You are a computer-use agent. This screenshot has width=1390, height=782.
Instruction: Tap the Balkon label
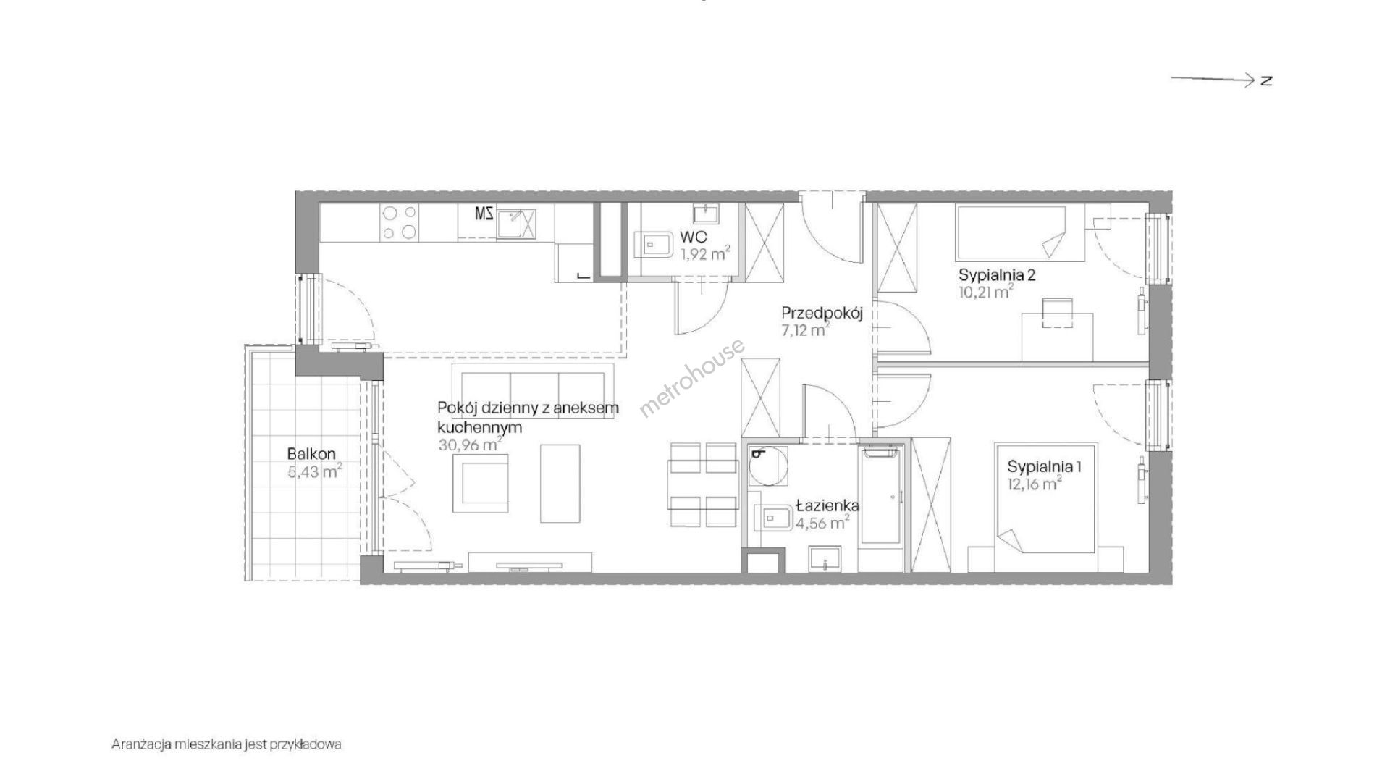point(311,455)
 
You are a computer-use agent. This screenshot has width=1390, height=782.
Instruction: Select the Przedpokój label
point(822,314)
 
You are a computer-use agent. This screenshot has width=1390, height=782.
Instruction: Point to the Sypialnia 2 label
point(997,275)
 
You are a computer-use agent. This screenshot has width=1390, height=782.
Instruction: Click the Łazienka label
point(827,505)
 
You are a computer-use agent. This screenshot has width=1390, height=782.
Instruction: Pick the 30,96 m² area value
point(470,445)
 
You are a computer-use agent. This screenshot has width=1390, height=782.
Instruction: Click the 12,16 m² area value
point(1035,484)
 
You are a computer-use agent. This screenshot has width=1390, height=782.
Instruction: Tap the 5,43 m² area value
point(314,472)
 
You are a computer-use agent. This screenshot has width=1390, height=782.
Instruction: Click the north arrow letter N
point(1265,80)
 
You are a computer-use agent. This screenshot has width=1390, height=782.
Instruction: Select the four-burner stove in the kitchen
point(400,222)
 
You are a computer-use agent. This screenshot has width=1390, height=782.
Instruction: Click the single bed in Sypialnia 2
point(1011,233)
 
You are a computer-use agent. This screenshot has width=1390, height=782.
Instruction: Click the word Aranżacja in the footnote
point(139,744)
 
